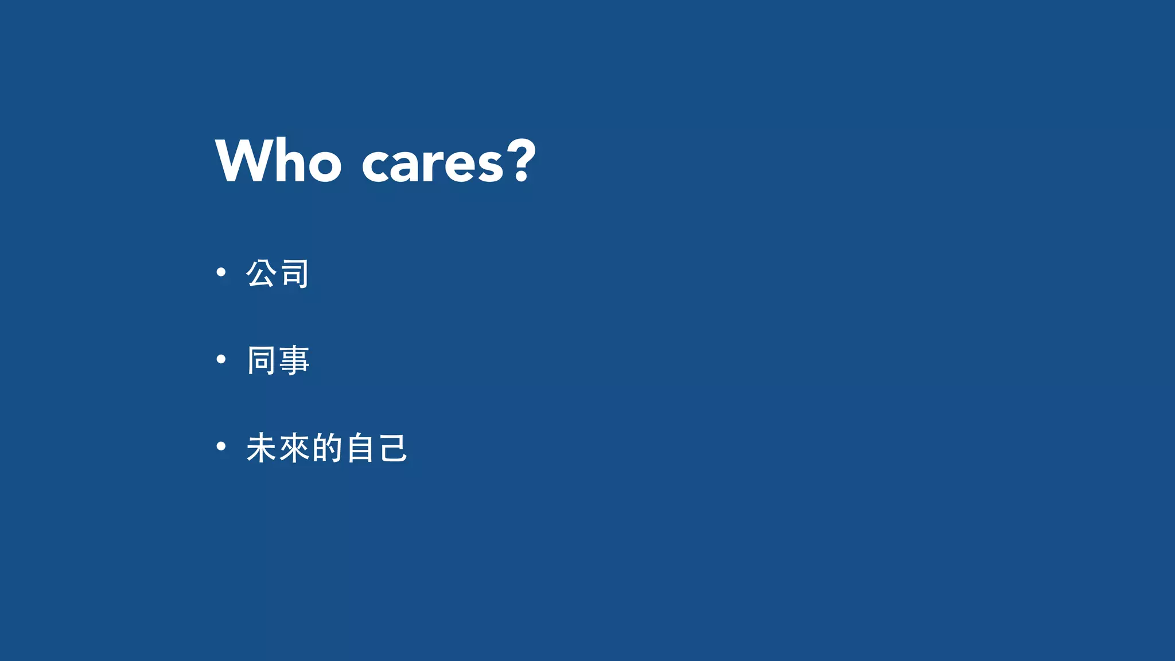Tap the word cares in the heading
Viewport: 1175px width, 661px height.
(x=433, y=164)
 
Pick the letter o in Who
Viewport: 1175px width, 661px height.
(x=324, y=166)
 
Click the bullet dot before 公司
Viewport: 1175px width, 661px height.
(x=221, y=273)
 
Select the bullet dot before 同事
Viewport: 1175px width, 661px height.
(x=221, y=360)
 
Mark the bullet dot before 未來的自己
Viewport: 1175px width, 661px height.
(x=221, y=446)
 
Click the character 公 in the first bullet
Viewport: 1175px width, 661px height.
(x=262, y=273)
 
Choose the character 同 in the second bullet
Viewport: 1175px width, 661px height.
(x=262, y=360)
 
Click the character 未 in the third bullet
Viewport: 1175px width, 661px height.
(x=262, y=448)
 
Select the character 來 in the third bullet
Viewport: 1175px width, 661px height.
(x=295, y=448)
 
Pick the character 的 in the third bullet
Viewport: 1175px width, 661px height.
(x=328, y=448)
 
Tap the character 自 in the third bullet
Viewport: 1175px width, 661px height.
(x=360, y=448)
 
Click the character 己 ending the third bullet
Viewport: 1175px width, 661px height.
(x=393, y=448)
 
